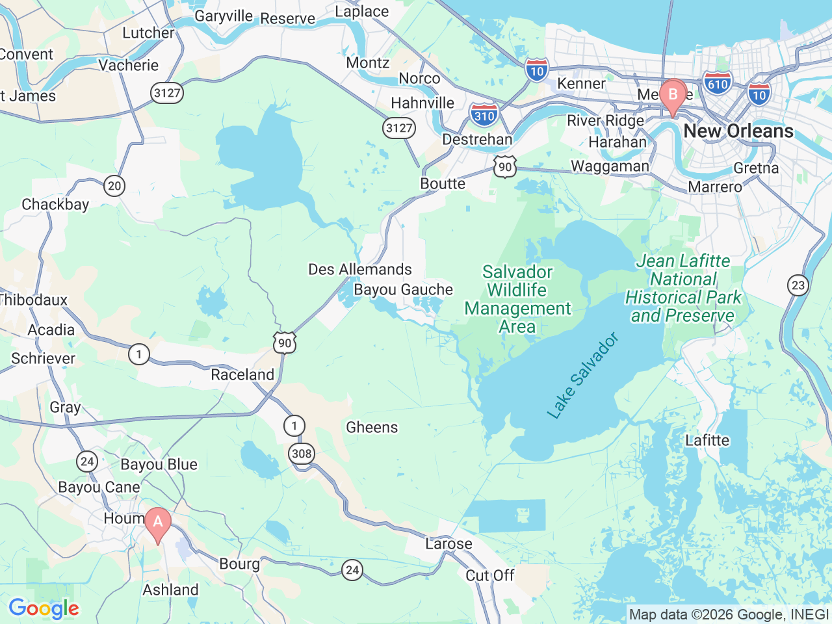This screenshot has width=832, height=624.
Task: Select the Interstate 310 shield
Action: [x=484, y=115]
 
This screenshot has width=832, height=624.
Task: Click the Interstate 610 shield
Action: [x=718, y=84]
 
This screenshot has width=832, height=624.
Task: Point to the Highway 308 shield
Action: [x=302, y=453]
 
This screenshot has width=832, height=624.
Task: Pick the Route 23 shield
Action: [x=798, y=285]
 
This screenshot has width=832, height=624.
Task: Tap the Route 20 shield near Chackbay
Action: [x=114, y=186]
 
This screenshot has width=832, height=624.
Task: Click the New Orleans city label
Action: [x=738, y=131]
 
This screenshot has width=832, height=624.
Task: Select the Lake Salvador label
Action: [x=582, y=376]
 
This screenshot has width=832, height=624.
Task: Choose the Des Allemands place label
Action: [x=360, y=269]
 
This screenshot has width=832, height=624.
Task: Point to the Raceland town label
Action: [x=242, y=375]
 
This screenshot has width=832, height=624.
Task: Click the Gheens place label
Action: [x=372, y=427]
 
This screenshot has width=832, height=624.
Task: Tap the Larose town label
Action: [x=448, y=543]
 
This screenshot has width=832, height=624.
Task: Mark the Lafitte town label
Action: [x=707, y=440]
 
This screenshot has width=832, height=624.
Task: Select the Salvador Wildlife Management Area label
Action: [x=517, y=299]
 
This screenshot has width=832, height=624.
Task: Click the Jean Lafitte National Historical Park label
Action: [x=683, y=288]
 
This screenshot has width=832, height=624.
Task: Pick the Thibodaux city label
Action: [x=34, y=300]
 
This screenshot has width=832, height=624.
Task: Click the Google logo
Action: [x=44, y=608]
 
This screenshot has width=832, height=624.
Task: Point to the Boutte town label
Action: [x=443, y=183]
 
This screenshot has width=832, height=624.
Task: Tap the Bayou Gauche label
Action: [x=403, y=289]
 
